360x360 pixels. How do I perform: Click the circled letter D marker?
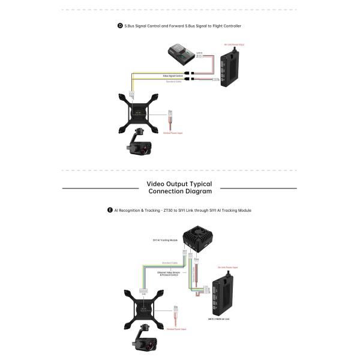(121, 26)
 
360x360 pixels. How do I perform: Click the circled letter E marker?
(110, 211)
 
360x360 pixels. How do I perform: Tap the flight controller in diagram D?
(180, 53)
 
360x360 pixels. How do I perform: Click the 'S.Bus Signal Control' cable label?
(174, 76)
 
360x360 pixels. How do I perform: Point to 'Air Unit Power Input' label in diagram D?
(233, 44)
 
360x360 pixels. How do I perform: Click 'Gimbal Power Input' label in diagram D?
(172, 133)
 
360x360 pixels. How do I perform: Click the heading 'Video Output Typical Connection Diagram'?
(179, 188)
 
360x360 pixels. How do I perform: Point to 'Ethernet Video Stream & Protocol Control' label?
(169, 274)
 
